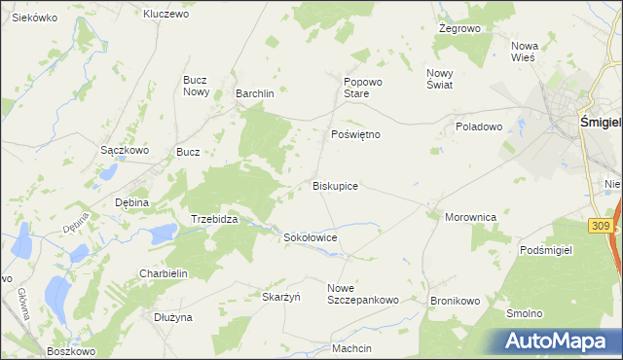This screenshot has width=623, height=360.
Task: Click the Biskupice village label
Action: [x=335, y=185]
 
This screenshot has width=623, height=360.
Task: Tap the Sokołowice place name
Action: [x=310, y=236]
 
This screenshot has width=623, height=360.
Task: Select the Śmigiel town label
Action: [x=600, y=123]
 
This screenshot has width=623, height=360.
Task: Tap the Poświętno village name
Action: [x=355, y=134]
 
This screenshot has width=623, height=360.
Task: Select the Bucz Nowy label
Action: [x=197, y=86]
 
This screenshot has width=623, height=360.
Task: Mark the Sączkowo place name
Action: [x=125, y=151]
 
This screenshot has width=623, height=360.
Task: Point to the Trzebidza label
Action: [x=214, y=220]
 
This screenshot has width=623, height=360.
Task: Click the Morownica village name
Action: [x=471, y=217]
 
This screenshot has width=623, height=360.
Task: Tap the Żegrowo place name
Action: [x=460, y=29]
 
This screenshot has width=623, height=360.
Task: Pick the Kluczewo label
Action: [x=165, y=14]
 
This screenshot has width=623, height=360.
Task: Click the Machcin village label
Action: [x=351, y=348]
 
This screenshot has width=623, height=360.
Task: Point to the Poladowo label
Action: [x=478, y=126]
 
